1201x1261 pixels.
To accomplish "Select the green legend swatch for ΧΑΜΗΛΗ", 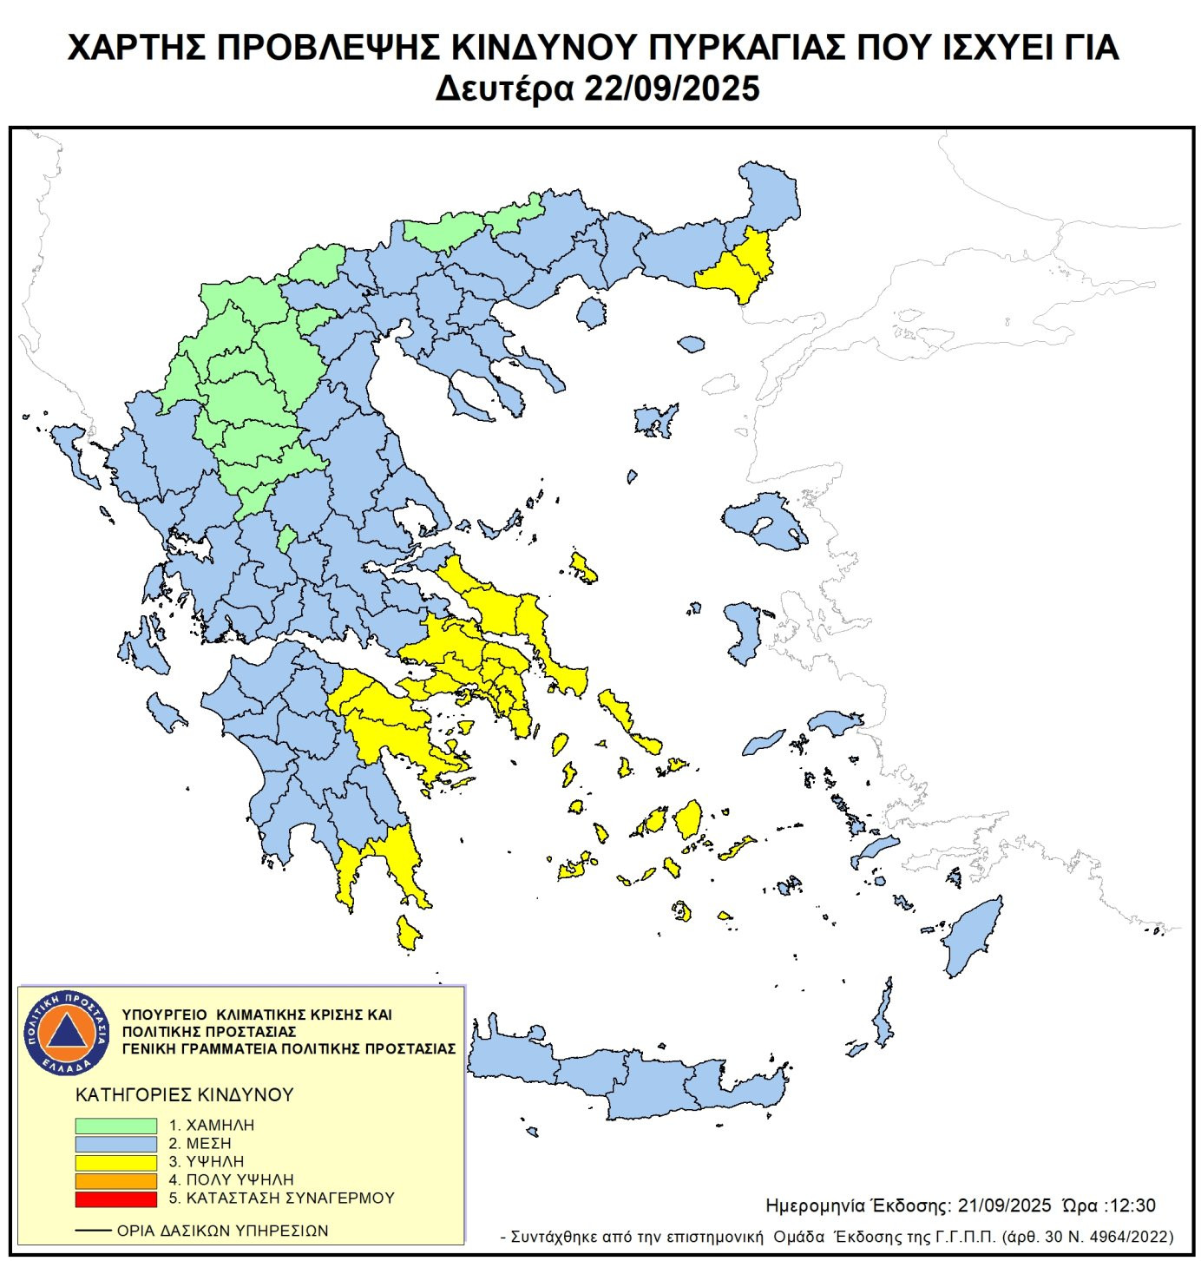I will click(115, 1125).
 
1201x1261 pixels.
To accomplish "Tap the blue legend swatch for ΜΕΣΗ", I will click(115, 1143).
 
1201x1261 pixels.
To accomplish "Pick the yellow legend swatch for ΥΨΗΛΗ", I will click(115, 1161).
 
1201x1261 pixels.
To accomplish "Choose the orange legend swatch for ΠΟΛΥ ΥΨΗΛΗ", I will click(115, 1180).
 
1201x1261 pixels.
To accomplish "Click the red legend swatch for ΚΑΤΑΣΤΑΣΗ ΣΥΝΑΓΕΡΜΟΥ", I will click(115, 1199).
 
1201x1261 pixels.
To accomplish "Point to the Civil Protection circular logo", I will click(66, 1032).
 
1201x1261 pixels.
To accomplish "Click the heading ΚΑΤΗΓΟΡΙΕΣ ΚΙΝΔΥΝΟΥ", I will click(185, 1094).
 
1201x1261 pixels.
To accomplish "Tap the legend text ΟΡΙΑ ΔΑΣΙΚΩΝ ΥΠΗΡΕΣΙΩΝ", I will click(222, 1231).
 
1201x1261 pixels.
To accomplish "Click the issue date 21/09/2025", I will click(1004, 1205).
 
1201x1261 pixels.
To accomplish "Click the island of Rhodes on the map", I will click(974, 937).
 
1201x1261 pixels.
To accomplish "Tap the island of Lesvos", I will click(764, 522).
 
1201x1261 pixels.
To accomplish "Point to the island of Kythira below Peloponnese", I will click(407, 934).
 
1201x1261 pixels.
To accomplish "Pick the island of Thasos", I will click(591, 312).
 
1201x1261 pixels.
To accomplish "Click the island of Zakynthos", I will click(164, 713).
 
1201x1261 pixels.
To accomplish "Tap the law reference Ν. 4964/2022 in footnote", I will click(1127, 1237).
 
